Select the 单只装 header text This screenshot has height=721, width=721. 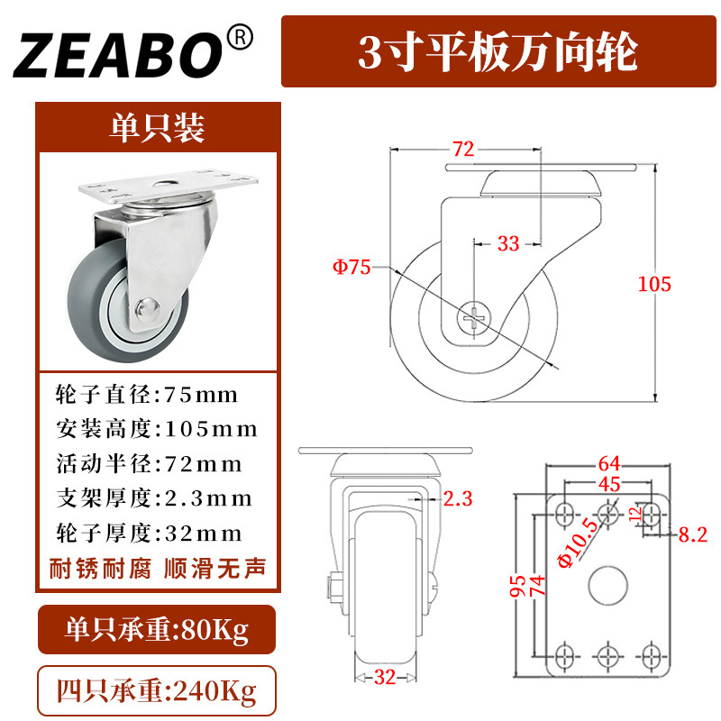tap(158, 128)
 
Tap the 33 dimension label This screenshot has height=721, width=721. tap(508, 242)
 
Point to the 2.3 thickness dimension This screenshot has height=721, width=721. tap(459, 497)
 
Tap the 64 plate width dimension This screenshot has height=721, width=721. tap(609, 464)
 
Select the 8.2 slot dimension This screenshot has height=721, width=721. tap(692, 534)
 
